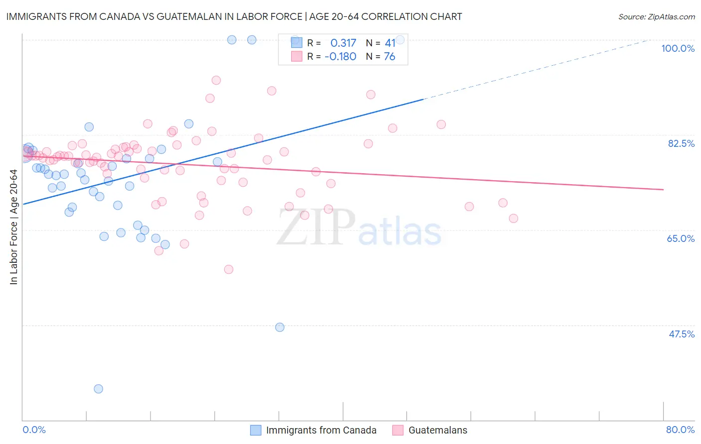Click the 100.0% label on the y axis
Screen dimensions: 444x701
click(678, 48)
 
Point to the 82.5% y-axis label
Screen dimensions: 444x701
click(681, 143)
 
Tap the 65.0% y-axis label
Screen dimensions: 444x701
click(681, 238)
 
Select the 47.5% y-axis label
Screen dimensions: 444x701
click(682, 334)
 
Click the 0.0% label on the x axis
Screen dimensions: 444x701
click(34, 430)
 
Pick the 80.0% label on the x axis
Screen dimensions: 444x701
click(680, 430)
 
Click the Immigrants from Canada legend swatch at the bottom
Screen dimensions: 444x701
click(256, 430)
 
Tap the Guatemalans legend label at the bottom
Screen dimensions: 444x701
click(438, 430)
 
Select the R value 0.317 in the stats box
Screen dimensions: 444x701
click(343, 43)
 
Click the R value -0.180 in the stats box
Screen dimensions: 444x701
click(340, 57)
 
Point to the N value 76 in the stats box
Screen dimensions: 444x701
click(389, 57)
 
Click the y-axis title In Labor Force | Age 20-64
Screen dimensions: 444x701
click(14, 227)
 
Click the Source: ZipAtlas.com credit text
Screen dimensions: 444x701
click(656, 17)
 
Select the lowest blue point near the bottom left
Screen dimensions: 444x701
click(98, 389)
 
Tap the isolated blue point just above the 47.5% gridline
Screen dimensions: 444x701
click(280, 327)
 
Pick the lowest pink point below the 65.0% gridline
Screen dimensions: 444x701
click(229, 269)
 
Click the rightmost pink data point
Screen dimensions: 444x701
click(514, 219)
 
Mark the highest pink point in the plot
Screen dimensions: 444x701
click(216, 80)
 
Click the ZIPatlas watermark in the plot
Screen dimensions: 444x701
click(359, 228)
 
